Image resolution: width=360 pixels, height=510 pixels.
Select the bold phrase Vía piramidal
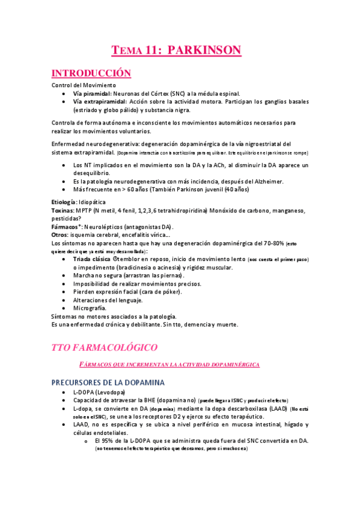coord(90,94)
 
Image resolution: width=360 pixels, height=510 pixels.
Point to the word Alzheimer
coord(278,181)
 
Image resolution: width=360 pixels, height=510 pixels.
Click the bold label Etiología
coord(64,202)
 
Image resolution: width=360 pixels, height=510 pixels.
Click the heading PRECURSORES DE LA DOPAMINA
coord(109,382)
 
